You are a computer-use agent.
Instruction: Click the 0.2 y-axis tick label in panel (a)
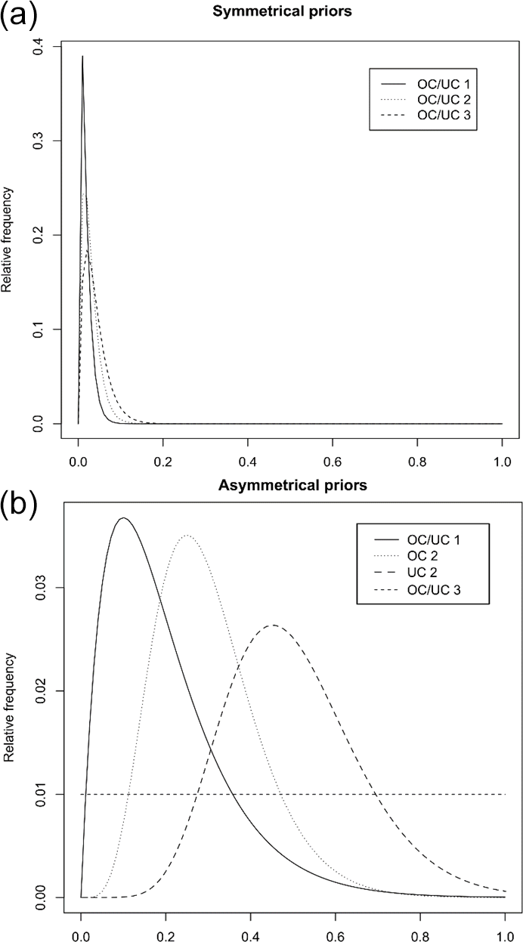pyautogui.click(x=36, y=235)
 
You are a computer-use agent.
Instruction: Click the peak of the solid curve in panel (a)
pyautogui.click(x=82, y=56)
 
